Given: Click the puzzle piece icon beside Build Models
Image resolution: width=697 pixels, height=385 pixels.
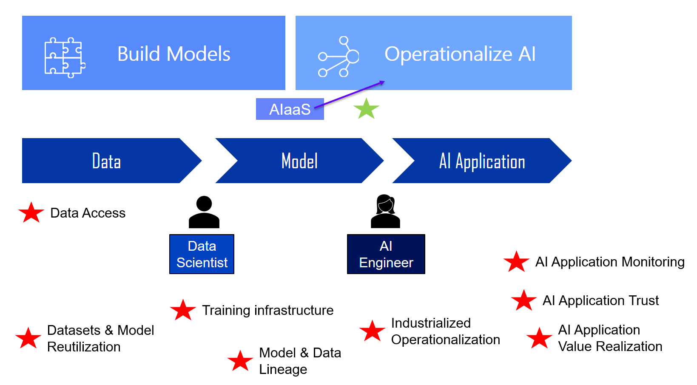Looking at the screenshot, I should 65,57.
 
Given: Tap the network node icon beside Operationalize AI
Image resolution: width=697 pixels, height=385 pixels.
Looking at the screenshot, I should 339,57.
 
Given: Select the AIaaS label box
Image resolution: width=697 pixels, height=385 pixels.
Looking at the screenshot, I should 290,109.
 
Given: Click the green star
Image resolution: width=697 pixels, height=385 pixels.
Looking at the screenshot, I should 366,109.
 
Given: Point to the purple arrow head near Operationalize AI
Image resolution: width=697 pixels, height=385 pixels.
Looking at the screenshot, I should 382,82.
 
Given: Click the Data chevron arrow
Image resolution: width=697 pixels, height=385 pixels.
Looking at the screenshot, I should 106,161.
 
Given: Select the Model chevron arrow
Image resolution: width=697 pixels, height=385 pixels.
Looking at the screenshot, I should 299,161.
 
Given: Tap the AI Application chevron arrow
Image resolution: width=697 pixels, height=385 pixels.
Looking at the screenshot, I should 481,161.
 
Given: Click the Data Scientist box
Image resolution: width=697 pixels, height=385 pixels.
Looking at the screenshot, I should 202,254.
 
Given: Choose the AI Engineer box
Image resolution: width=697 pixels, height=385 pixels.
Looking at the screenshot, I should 386,254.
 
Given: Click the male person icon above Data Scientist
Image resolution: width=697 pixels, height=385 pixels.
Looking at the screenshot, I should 204,212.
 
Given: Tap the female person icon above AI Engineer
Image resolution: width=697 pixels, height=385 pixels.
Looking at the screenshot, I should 385,211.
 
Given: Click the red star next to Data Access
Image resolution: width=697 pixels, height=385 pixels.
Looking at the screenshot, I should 31,213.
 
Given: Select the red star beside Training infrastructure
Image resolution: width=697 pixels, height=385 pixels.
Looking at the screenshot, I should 183,310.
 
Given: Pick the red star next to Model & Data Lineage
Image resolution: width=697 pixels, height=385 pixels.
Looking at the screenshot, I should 240,361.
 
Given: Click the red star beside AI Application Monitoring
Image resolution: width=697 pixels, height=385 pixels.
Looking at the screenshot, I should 516,262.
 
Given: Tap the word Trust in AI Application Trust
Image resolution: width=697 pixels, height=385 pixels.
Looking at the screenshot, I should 643,300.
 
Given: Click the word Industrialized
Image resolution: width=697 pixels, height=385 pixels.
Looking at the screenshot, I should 430,323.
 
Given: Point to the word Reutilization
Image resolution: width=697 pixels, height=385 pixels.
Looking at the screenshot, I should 84,347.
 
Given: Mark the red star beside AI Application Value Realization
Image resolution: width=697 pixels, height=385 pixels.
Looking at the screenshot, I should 539,339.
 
